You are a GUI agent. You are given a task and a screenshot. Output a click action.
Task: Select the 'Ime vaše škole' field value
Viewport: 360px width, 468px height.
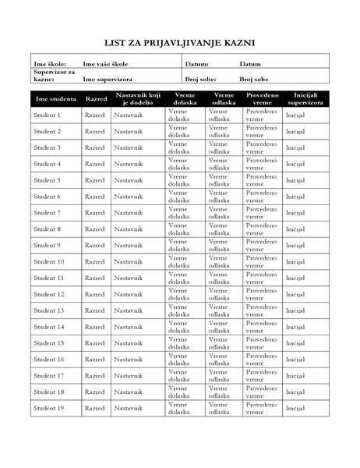(x=106, y=64)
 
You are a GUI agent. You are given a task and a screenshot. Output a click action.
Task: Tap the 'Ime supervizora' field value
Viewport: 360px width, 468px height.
(x=108, y=80)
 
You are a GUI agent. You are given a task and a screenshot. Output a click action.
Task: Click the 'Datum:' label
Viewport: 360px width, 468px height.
(x=197, y=64)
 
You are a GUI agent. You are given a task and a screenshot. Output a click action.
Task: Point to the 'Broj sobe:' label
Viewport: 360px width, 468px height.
(x=200, y=80)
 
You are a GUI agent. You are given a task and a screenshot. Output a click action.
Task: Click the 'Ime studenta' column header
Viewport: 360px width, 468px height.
(x=55, y=99)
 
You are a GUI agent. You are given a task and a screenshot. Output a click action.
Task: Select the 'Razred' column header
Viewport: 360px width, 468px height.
(x=96, y=99)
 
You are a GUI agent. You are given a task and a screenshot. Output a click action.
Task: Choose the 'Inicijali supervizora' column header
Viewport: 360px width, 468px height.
(x=305, y=99)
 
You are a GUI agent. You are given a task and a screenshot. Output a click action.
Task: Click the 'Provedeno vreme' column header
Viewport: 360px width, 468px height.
(x=263, y=99)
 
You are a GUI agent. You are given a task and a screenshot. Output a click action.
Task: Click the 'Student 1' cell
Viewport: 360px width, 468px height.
(x=48, y=115)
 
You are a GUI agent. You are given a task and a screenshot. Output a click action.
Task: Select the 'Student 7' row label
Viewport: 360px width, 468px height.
(x=48, y=213)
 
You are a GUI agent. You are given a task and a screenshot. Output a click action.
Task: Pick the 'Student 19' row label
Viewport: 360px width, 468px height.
(x=49, y=408)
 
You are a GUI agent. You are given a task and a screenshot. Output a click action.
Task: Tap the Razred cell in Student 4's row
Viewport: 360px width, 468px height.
(x=94, y=164)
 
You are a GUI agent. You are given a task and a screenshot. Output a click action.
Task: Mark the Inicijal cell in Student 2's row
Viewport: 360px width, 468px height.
(x=295, y=132)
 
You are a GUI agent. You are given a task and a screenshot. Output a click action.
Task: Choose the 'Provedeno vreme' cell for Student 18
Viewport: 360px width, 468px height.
(x=261, y=392)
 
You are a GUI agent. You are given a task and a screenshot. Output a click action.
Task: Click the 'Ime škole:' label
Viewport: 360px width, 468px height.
(x=50, y=64)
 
